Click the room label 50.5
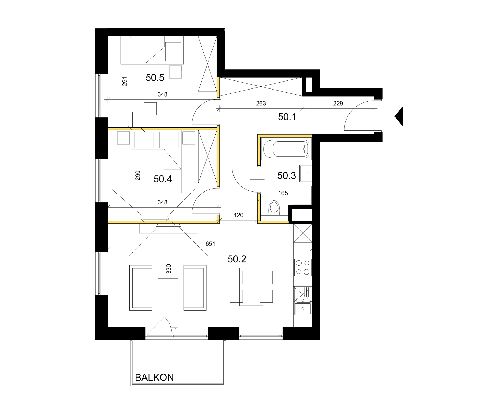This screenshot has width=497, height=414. pyautogui.click(x=155, y=78)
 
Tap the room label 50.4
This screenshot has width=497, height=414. pyautogui.click(x=163, y=179)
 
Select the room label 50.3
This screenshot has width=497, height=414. pyautogui.click(x=286, y=176)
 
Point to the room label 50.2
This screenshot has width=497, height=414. pyautogui.click(x=237, y=259)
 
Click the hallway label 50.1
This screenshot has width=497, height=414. pyautogui.click(x=287, y=117)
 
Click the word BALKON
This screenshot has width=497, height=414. pyautogui.click(x=154, y=378)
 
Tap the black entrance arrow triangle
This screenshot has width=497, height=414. pyautogui.click(x=399, y=116)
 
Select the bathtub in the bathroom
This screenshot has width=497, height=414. pyautogui.click(x=286, y=149)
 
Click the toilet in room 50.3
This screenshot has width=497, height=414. pyautogui.click(x=274, y=208)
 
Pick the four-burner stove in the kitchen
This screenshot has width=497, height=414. pyautogui.click(x=303, y=267)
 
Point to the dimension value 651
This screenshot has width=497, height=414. pyautogui.click(x=210, y=244)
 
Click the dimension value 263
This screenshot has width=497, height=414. pyautogui.click(x=261, y=103)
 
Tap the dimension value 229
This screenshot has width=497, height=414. pyautogui.click(x=338, y=103)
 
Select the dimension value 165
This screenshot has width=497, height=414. pyautogui.click(x=283, y=193)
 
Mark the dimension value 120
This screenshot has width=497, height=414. pyautogui.click(x=238, y=215)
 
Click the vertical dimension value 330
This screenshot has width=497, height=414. pyautogui.click(x=169, y=269)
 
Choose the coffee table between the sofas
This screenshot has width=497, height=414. pyautogui.click(x=168, y=288)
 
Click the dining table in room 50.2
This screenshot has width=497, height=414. pyautogui.click(x=251, y=287)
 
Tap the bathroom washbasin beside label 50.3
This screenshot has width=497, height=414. pyautogui.click(x=305, y=173)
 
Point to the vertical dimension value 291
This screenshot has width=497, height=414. pyautogui.click(x=125, y=81)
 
